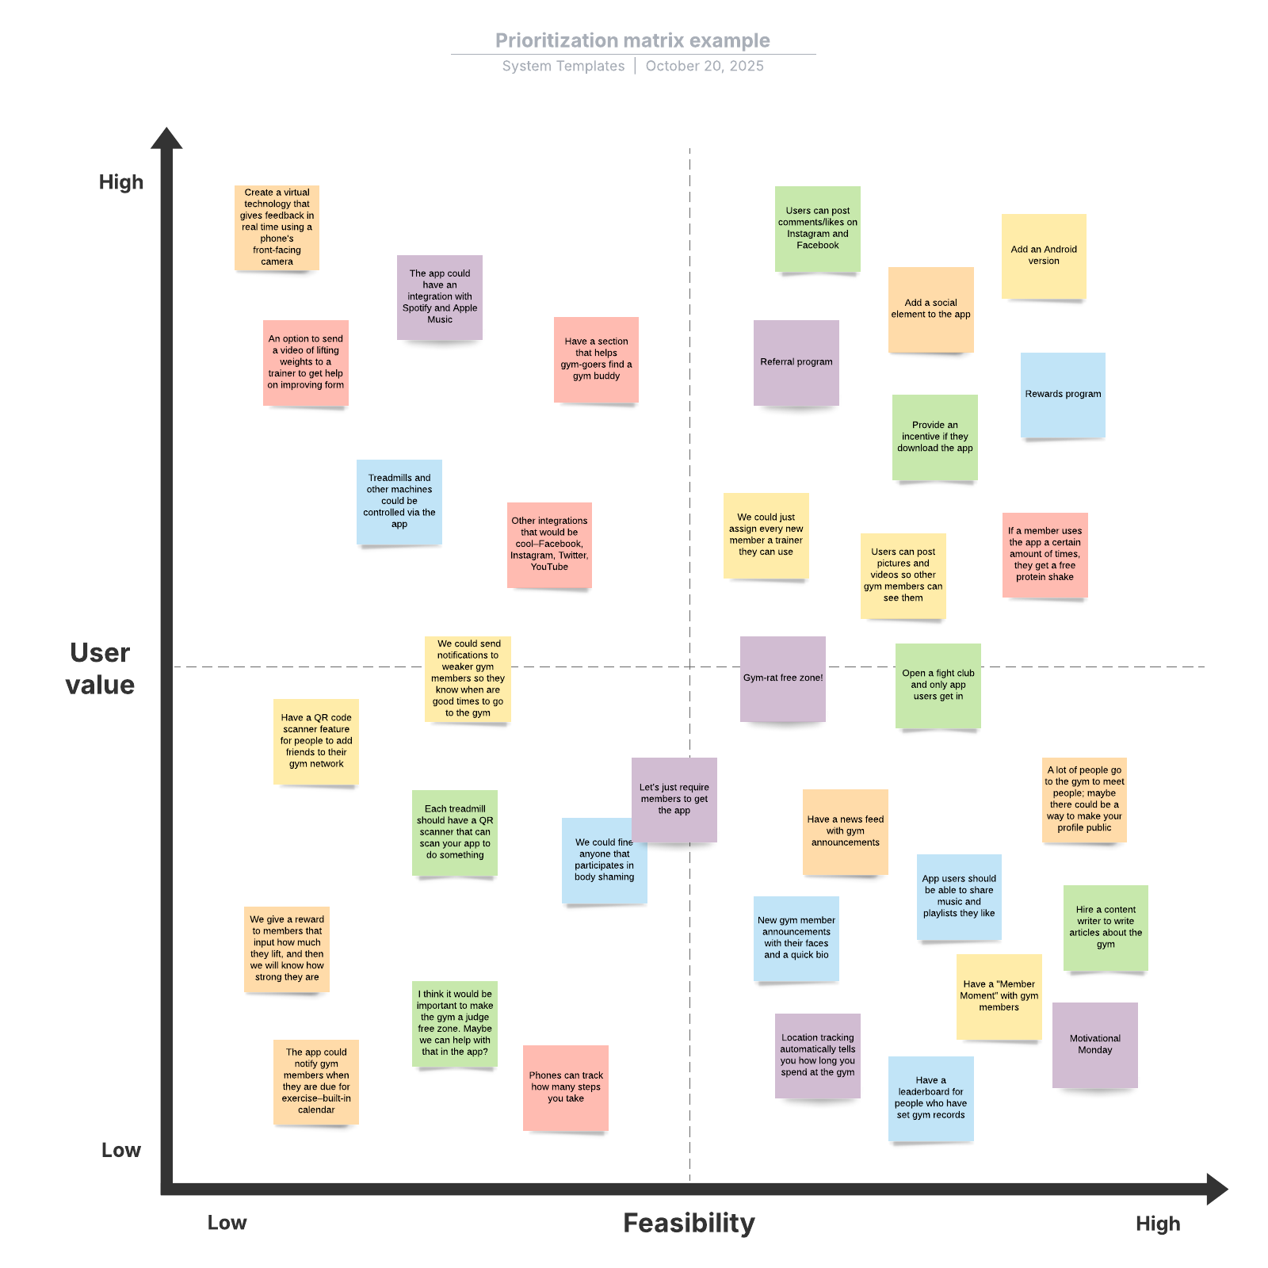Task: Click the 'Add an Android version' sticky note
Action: point(1043,255)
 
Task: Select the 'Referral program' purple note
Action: point(796,362)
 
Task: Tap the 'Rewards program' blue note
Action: point(1062,394)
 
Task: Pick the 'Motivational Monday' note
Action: point(1094,1045)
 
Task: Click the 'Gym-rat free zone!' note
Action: point(782,678)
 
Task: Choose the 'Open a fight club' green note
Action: point(938,685)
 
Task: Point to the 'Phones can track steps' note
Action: point(565,1087)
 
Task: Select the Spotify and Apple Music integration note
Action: point(439,297)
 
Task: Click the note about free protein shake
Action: point(1045,554)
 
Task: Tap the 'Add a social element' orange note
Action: point(930,309)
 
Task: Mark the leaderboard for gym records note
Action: point(930,1098)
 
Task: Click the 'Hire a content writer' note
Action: point(1105,927)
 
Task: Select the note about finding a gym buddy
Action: point(596,359)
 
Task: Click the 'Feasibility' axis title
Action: point(689,1223)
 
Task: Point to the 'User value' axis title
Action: point(100,668)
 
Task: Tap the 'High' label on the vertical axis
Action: point(121,182)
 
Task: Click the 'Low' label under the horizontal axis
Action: point(227,1223)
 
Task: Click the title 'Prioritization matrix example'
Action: point(632,40)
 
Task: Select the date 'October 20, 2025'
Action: point(704,66)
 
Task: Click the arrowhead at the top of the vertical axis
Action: point(166,139)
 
